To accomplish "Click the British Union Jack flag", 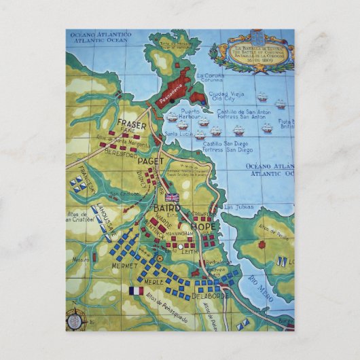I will coord(173,198).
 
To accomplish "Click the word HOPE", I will coord(203,226).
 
